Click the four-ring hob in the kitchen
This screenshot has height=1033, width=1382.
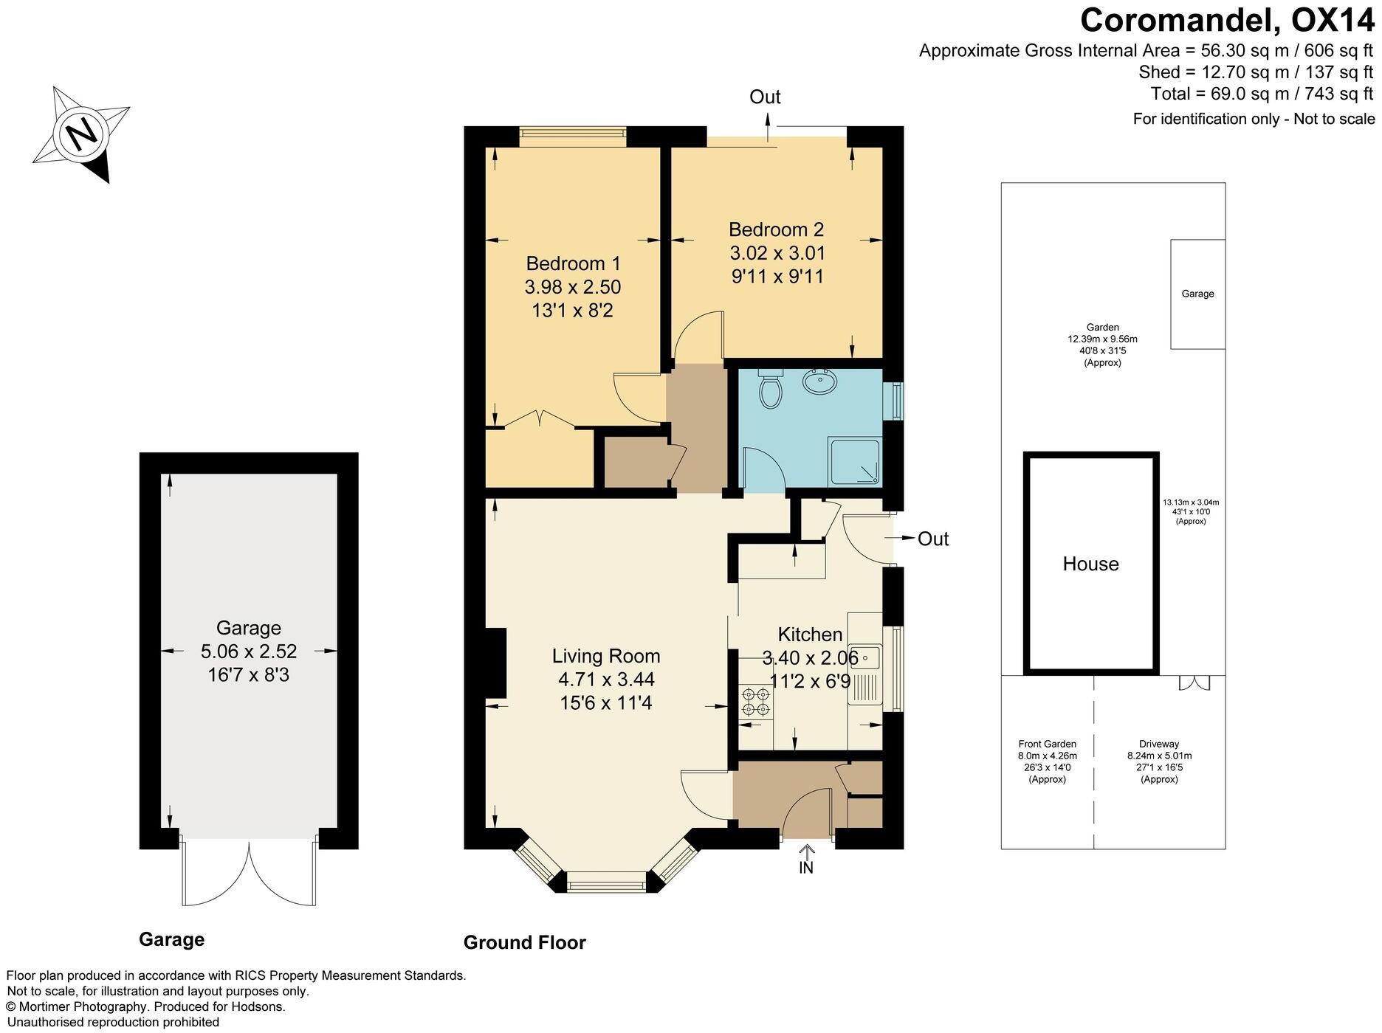coord(755,701)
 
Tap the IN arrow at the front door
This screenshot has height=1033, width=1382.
coord(806,856)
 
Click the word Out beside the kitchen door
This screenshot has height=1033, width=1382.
coord(932,539)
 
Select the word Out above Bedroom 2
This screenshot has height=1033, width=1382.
coord(765,97)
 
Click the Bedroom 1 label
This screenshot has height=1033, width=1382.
coord(573,263)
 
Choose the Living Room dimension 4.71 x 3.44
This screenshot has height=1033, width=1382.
coord(606,680)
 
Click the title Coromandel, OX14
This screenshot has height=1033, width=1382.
coord(1227,21)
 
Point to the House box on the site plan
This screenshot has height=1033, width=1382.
coord(1090,564)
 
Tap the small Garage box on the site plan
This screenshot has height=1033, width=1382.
coord(1197,294)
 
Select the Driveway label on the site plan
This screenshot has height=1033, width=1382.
coord(1158,744)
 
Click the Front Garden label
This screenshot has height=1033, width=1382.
coord(1047,744)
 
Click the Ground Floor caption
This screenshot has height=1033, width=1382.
coord(524,942)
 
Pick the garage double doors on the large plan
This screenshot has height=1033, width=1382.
coord(250,874)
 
